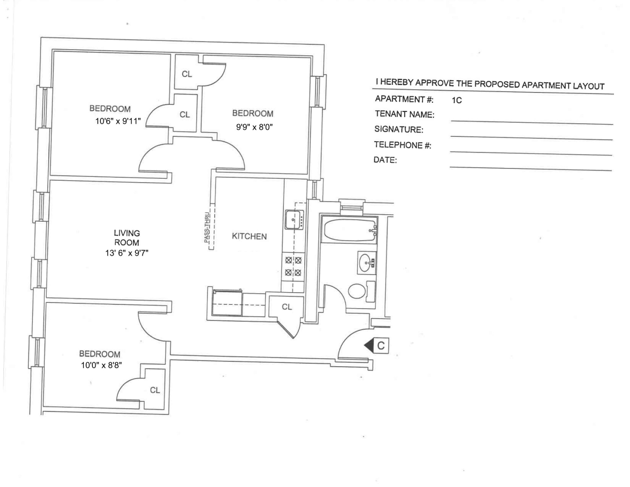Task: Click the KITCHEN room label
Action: (x=249, y=236)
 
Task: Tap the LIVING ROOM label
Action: (x=127, y=238)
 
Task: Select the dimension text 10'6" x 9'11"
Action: (x=118, y=121)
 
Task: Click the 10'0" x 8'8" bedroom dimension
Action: (x=101, y=365)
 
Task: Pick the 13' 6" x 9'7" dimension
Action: (x=127, y=253)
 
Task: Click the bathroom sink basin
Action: (x=366, y=263)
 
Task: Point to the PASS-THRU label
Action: (x=207, y=229)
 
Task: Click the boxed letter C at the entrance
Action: (x=381, y=345)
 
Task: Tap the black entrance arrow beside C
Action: (x=368, y=345)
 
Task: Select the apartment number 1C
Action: (x=457, y=101)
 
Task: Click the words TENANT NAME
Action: (x=404, y=114)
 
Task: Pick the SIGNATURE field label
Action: (x=399, y=130)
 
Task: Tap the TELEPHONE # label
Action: (x=403, y=145)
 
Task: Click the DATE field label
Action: (x=385, y=160)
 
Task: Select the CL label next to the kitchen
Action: (x=287, y=307)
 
